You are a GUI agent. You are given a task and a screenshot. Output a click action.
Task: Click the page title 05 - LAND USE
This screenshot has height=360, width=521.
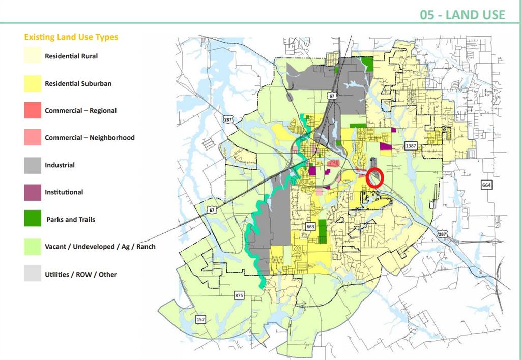click(462, 14)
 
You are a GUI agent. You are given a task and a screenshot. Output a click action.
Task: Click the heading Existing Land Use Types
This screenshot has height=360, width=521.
click(71, 37)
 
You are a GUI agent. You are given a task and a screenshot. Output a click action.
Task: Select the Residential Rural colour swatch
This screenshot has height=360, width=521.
click(33, 56)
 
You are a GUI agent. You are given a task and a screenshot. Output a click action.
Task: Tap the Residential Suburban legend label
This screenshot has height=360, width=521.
click(78, 83)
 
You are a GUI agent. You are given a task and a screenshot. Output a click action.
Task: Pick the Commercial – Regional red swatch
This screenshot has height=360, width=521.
click(33, 110)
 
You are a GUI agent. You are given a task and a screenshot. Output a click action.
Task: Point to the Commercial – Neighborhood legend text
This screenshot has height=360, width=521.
click(90, 138)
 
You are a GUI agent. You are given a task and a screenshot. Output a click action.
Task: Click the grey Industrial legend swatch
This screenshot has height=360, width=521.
click(33, 165)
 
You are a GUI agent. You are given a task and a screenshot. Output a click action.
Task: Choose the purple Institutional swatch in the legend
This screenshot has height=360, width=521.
click(33, 192)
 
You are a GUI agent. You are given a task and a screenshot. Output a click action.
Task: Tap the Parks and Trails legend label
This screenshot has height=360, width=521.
click(71, 220)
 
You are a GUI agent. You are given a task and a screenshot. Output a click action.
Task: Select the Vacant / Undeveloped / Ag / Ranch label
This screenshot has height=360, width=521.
click(100, 247)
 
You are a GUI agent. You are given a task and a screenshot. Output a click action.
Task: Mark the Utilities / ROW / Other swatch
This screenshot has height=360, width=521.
click(33, 274)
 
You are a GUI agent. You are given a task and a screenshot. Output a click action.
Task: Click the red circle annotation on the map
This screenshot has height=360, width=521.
click(375, 177)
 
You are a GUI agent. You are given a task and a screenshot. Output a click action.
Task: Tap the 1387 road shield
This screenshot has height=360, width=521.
click(411, 146)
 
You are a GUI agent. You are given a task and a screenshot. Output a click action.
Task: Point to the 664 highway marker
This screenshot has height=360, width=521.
click(486, 185)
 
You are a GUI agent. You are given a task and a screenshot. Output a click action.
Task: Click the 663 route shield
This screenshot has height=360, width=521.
click(311, 226)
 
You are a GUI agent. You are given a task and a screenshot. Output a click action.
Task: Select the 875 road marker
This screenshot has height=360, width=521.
click(240, 295)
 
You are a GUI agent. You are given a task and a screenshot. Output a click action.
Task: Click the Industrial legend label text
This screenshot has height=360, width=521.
click(60, 165)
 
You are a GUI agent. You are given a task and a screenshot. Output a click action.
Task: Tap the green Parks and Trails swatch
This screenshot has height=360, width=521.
click(33, 220)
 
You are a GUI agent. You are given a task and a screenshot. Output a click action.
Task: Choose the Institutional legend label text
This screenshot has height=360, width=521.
click(64, 192)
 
